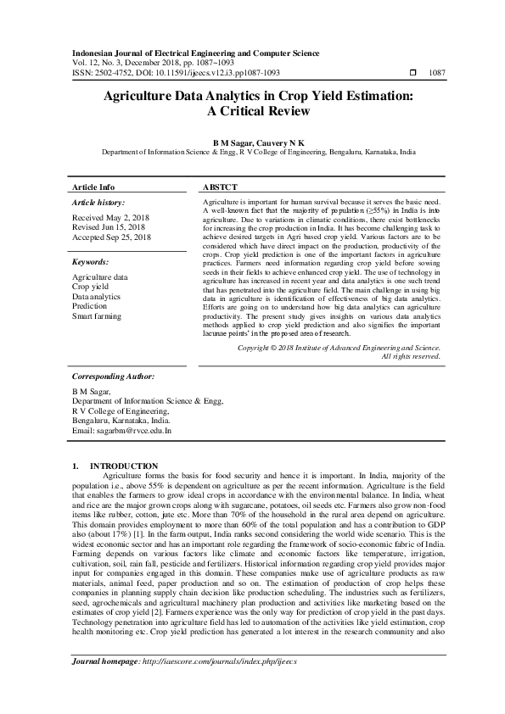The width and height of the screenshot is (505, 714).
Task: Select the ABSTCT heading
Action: pyautogui.click(x=221, y=187)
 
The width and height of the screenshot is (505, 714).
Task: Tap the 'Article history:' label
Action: pyautogui.click(x=98, y=204)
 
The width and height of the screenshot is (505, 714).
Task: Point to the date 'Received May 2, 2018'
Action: pyautogui.click(x=111, y=219)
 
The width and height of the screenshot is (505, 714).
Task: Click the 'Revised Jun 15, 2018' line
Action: pyautogui.click(x=109, y=228)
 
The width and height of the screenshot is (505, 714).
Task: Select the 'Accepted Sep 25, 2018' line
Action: pyautogui.click(x=112, y=238)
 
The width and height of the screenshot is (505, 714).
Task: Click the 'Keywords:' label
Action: pyautogui.click(x=91, y=263)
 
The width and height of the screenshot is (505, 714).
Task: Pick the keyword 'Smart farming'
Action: pyautogui.click(x=97, y=316)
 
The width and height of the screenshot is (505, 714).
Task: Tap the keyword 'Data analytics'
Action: pyautogui.click(x=96, y=297)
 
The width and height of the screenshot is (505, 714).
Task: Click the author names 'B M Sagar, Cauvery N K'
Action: pyautogui.click(x=252, y=144)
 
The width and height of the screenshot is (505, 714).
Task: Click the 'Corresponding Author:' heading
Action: pyautogui.click(x=112, y=375)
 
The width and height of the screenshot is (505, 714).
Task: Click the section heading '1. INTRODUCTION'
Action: pyautogui.click(x=115, y=466)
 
